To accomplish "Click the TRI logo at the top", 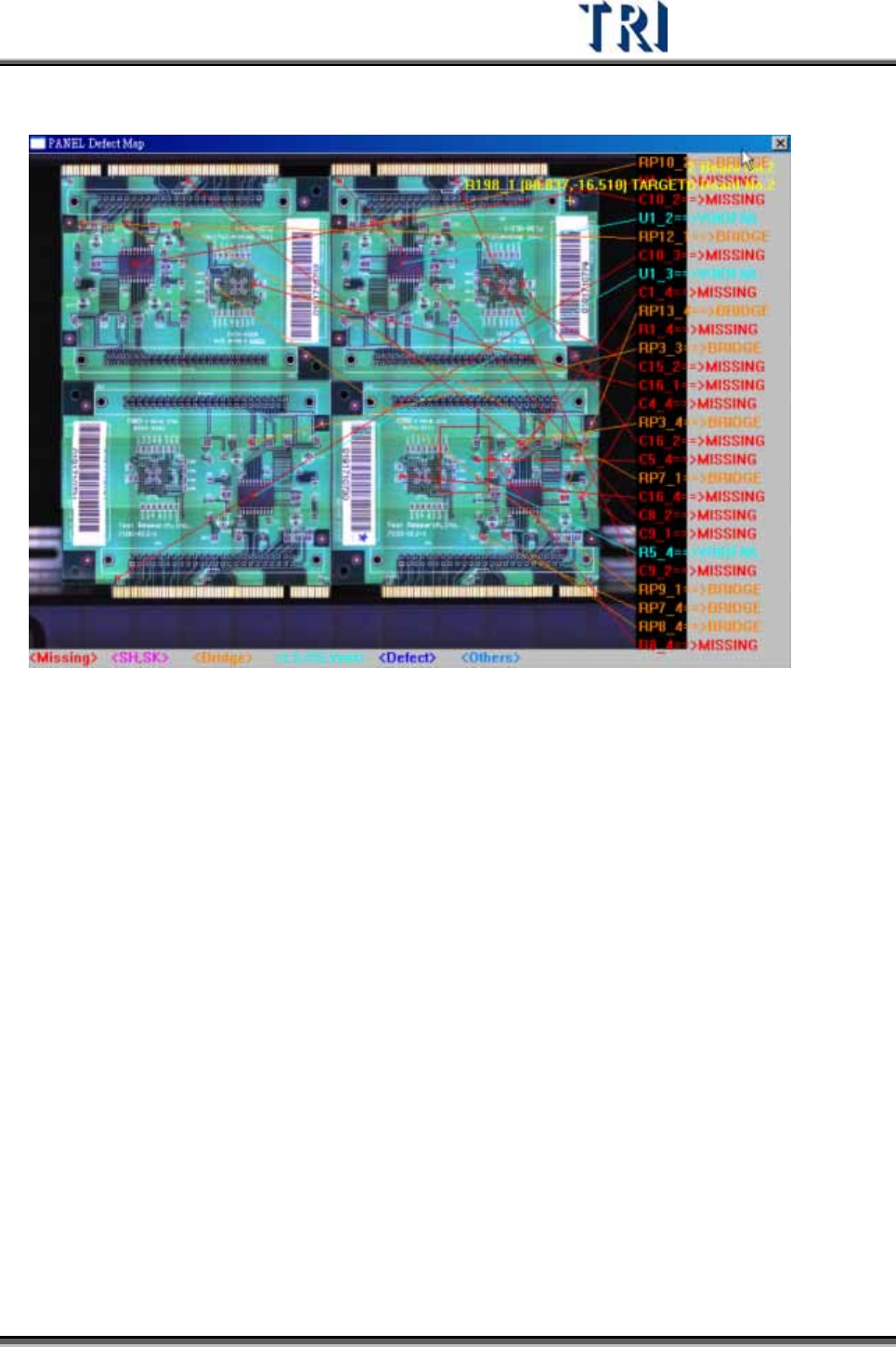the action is click(x=623, y=28).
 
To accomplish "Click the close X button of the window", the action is click(x=780, y=143).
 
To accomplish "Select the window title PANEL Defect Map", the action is click(x=96, y=144).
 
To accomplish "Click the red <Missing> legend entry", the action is click(x=63, y=658).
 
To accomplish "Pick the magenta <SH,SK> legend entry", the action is click(x=140, y=658).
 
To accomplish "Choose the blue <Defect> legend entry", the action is click(x=407, y=658).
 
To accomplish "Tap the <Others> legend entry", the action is click(x=490, y=658).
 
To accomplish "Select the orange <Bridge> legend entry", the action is click(x=223, y=658).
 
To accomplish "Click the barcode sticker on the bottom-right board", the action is click(x=357, y=483).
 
